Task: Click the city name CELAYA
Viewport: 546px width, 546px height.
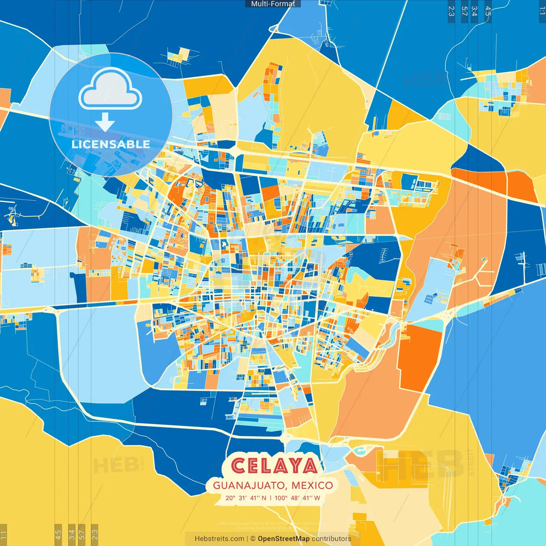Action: [x=275, y=466]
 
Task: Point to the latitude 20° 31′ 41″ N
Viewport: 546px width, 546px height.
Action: [x=246, y=498]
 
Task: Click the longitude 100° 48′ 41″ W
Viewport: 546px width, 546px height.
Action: [x=297, y=498]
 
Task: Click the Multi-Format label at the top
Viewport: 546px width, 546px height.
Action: [x=273, y=4]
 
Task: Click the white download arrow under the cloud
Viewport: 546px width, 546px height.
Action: [x=105, y=122]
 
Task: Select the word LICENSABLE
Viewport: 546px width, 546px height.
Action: [x=111, y=144]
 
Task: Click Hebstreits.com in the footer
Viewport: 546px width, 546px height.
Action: [x=220, y=539]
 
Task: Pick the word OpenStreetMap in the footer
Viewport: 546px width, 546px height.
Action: [x=284, y=539]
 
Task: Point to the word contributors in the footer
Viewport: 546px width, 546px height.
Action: [x=331, y=539]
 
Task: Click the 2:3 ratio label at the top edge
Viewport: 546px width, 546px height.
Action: [x=451, y=11]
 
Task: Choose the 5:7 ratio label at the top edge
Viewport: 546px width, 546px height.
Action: [x=464, y=11]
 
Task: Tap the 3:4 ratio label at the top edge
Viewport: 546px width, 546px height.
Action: [x=474, y=11]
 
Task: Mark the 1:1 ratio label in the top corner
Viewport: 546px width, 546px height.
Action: [x=542, y=11]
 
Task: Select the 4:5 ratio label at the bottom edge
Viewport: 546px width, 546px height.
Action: [x=58, y=534]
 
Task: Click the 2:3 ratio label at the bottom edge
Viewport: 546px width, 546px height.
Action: [x=95, y=534]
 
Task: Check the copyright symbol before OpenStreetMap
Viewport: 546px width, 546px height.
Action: [x=253, y=539]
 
